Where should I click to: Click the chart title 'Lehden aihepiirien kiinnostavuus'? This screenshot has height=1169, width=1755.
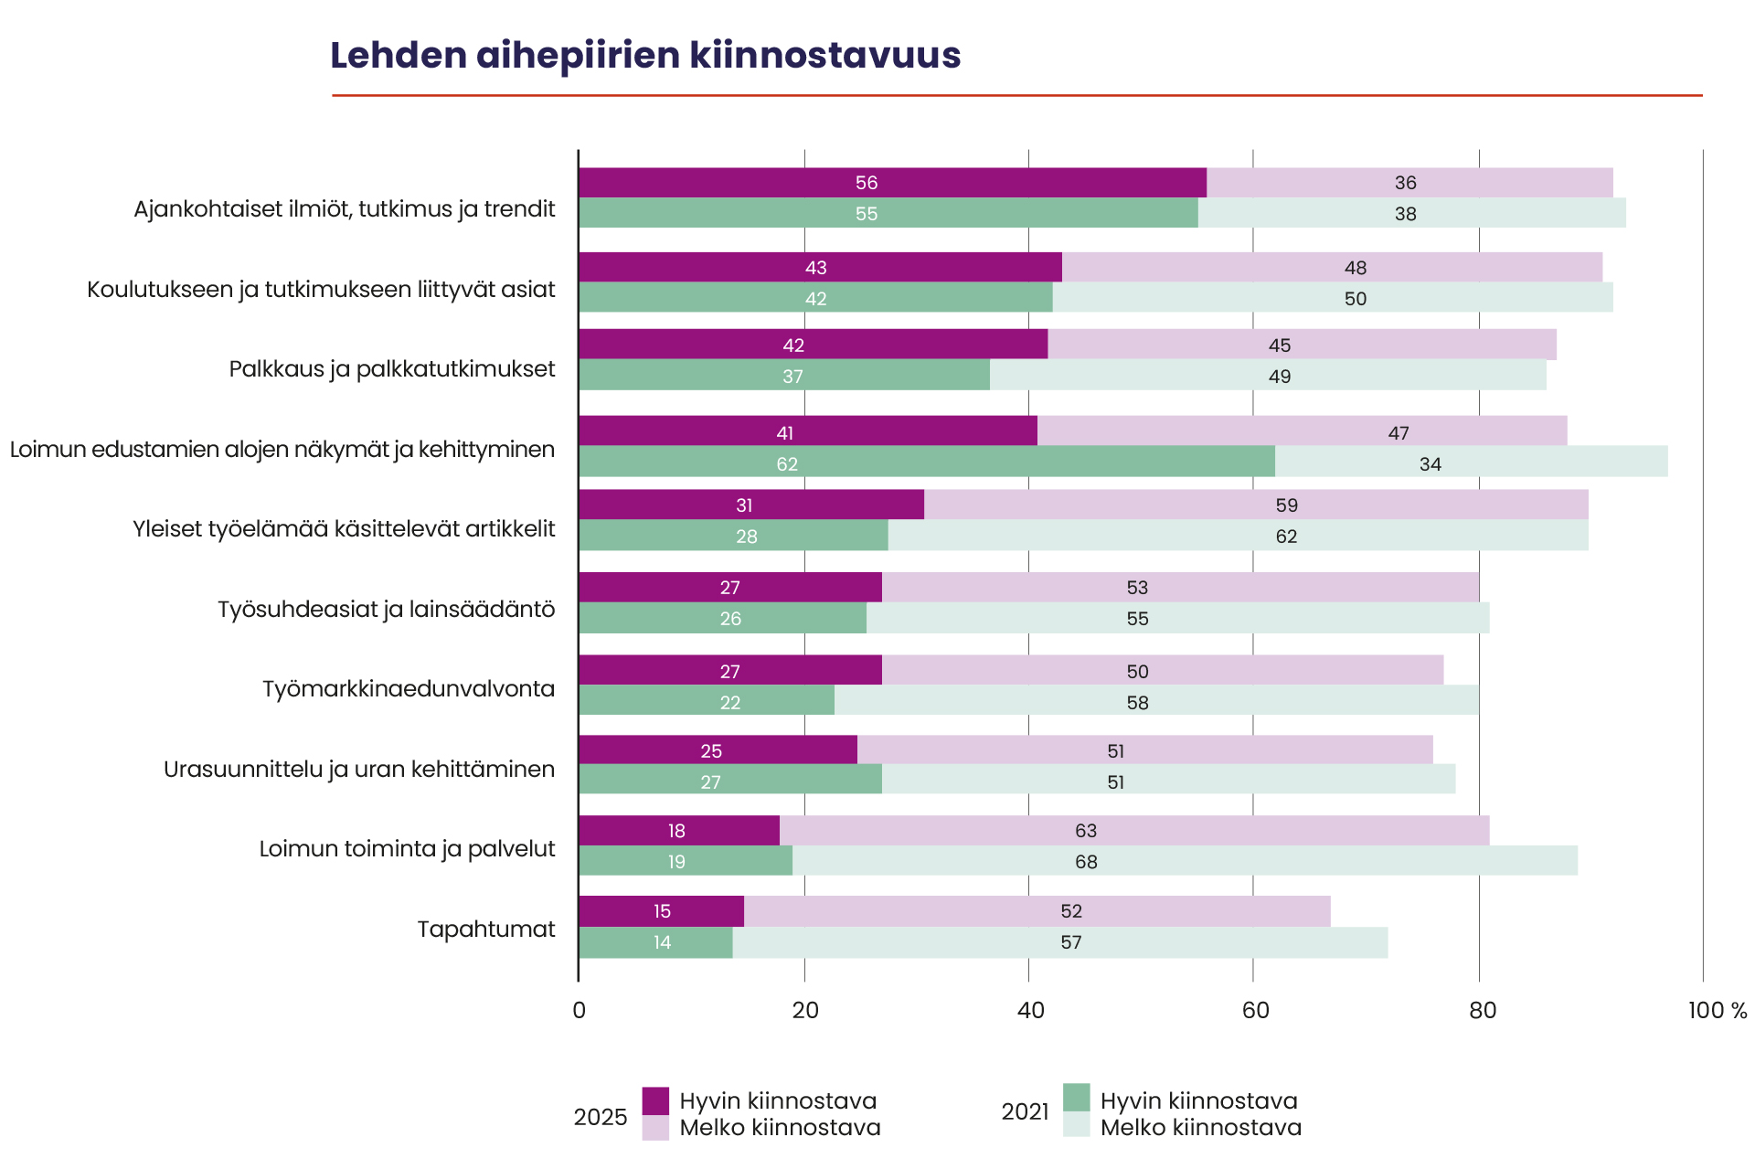click(645, 55)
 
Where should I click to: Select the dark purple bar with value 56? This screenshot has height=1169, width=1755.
click(892, 183)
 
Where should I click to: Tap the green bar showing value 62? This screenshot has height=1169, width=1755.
click(927, 462)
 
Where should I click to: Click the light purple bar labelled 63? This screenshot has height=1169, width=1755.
click(1134, 831)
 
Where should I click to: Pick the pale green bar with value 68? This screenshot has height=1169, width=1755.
click(1185, 861)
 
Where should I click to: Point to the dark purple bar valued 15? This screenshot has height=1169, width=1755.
click(661, 911)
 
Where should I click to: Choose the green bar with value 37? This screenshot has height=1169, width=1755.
click(784, 375)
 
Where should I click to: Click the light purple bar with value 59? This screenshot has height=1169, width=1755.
click(1256, 505)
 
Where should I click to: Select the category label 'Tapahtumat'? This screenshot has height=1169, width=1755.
click(486, 930)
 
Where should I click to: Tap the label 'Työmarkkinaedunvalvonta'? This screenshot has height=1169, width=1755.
click(409, 688)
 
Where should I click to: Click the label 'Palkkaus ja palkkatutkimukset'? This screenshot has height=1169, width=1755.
click(392, 368)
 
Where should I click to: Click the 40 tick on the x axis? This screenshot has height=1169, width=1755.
click(1030, 1010)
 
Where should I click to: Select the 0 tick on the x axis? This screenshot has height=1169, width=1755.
click(579, 1010)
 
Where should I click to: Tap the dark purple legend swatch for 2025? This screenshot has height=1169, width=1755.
click(655, 1100)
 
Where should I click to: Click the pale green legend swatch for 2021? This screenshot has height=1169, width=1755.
click(1077, 1124)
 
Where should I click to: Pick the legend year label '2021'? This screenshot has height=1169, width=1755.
click(1025, 1111)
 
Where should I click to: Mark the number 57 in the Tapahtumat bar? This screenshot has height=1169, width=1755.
click(1071, 942)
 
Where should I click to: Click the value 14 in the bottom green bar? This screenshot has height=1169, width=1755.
click(662, 942)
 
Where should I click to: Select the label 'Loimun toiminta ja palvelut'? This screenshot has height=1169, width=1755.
click(407, 849)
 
